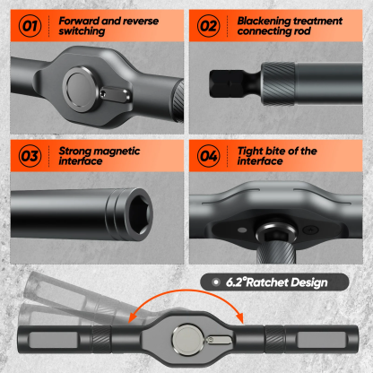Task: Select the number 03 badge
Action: pyautogui.click(x=29, y=156)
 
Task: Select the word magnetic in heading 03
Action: pyautogui.click(x=117, y=151)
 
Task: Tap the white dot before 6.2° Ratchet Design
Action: pyautogui.click(x=215, y=282)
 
